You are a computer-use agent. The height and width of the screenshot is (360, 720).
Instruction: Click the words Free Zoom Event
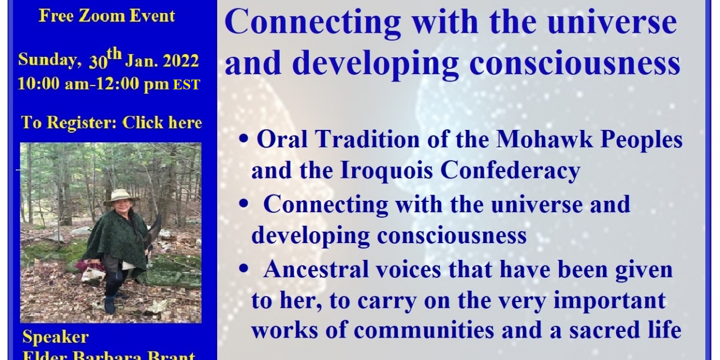click(107, 15)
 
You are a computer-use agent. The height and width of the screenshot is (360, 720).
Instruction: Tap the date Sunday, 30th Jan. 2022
click(108, 60)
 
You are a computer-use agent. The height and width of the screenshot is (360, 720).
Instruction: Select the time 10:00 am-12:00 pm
click(93, 84)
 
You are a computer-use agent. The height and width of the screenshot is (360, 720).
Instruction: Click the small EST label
click(186, 85)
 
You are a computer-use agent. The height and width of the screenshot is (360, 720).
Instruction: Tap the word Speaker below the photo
click(55, 337)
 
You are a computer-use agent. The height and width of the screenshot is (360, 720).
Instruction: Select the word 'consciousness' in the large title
click(575, 63)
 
